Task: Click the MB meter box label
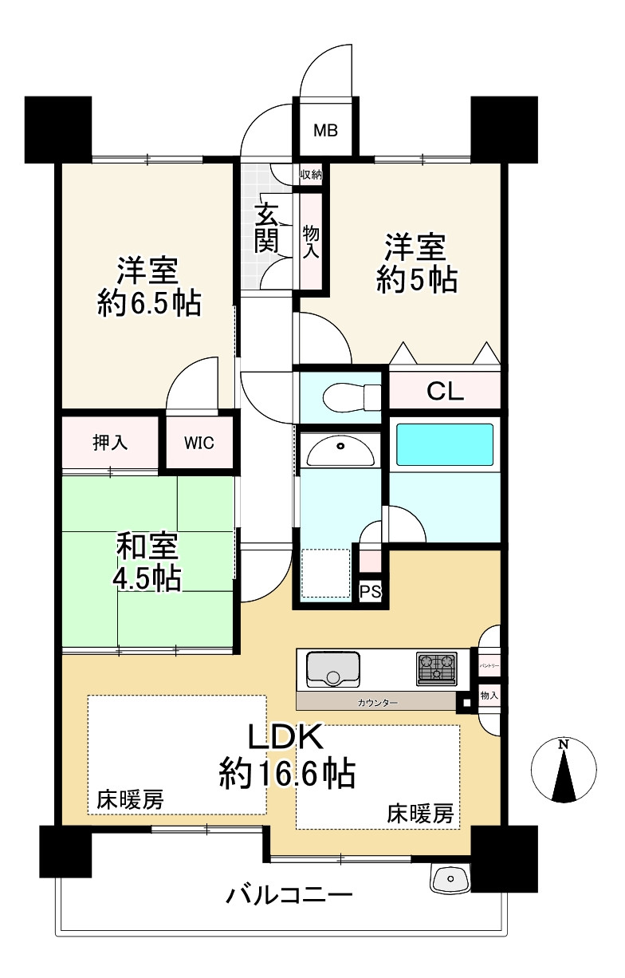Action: click(x=325, y=130)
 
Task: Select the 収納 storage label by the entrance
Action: click(x=311, y=175)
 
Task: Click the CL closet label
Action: click(x=445, y=391)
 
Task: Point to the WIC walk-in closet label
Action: click(x=199, y=444)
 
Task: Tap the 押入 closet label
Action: click(x=110, y=443)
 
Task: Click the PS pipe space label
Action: click(x=370, y=592)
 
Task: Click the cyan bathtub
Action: click(x=444, y=444)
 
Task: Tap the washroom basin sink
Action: click(x=340, y=452)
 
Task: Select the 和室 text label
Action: click(x=147, y=546)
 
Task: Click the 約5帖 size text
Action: click(x=417, y=279)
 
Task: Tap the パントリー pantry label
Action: click(x=489, y=666)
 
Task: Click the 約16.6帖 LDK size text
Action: click(x=287, y=775)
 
